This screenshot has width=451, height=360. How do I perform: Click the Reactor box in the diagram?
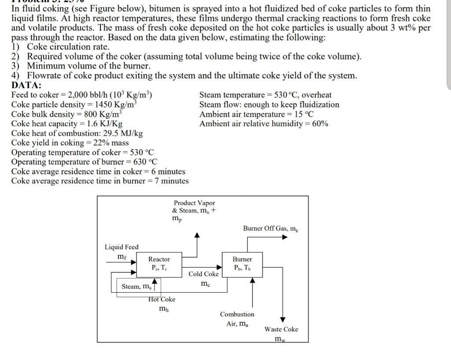tap(159, 264)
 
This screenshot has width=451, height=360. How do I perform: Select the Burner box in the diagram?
tap(242, 264)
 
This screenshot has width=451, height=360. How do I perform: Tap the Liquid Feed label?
tap(121, 247)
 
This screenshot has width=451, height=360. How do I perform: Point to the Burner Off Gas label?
tap(271, 228)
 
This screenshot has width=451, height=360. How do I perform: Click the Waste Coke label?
tap(281, 329)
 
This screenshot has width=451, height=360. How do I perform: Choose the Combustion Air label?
tap(237, 319)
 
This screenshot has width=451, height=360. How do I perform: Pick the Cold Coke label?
tap(203, 274)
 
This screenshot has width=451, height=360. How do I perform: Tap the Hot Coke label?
tap(162, 299)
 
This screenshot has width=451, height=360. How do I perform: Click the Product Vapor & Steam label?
tap(194, 207)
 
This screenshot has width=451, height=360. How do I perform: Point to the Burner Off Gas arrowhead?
tap(285, 237)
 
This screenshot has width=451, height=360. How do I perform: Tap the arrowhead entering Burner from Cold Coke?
tap(219, 267)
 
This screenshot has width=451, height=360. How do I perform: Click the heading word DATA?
tap(26, 85)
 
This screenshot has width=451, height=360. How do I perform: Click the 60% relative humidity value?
tap(320, 124)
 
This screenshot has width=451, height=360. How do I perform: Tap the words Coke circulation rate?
tap(68, 47)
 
